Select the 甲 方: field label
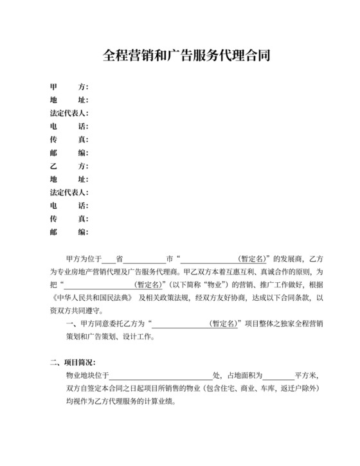69,87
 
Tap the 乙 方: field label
69,166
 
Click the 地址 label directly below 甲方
69,100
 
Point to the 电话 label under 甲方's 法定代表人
69,126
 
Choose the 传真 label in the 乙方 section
69,219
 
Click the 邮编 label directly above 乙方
69,153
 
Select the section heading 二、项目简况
73,363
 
